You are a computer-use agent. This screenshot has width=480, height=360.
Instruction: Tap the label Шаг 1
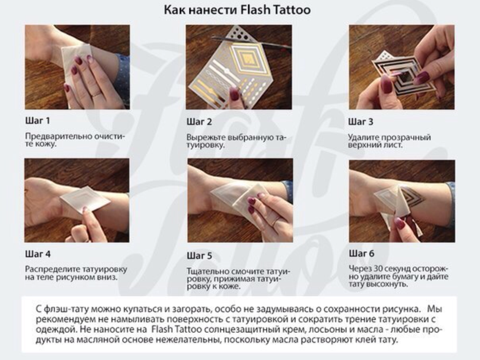point(37,121)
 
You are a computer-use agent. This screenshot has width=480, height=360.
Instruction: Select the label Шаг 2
point(199,122)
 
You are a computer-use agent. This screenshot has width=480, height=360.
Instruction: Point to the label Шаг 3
point(361,122)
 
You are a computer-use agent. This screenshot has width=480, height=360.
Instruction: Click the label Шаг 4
point(38,254)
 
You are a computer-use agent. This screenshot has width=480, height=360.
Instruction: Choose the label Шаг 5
point(199,256)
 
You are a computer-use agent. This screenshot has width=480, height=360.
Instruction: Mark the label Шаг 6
point(361,253)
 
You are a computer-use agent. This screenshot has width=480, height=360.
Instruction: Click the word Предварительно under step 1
point(58,136)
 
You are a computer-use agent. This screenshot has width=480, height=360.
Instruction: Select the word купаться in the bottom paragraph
point(146,309)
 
